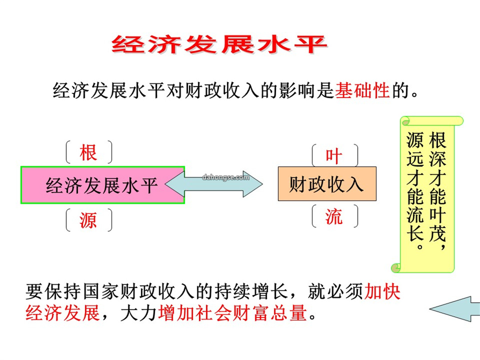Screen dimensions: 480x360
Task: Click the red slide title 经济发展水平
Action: [219, 44]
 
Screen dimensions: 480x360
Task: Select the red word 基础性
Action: [362, 91]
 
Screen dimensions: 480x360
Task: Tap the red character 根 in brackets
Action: [88, 152]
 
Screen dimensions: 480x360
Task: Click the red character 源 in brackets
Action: [88, 220]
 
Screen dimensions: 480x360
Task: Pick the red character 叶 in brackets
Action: [334, 156]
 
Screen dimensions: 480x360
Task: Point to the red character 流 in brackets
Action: [334, 216]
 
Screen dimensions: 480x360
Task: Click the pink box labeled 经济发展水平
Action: [103, 185]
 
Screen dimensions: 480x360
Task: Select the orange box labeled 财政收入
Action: [327, 184]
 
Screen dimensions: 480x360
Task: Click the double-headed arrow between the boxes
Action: [214, 184]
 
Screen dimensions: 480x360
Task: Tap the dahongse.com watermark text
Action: [226, 177]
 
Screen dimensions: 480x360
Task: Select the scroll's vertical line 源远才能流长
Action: [416, 190]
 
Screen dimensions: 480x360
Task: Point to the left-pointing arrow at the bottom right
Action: [455, 309]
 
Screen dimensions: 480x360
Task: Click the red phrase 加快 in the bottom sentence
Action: [382, 291]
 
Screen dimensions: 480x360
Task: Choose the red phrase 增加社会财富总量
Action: [232, 313]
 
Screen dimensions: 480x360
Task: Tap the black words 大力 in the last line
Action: [139, 313]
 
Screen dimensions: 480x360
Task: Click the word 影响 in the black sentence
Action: [288, 91]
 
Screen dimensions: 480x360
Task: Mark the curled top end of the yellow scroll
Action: [432, 120]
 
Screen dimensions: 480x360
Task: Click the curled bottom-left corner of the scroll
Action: [396, 268]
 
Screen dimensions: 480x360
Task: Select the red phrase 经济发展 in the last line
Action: [63, 313]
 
